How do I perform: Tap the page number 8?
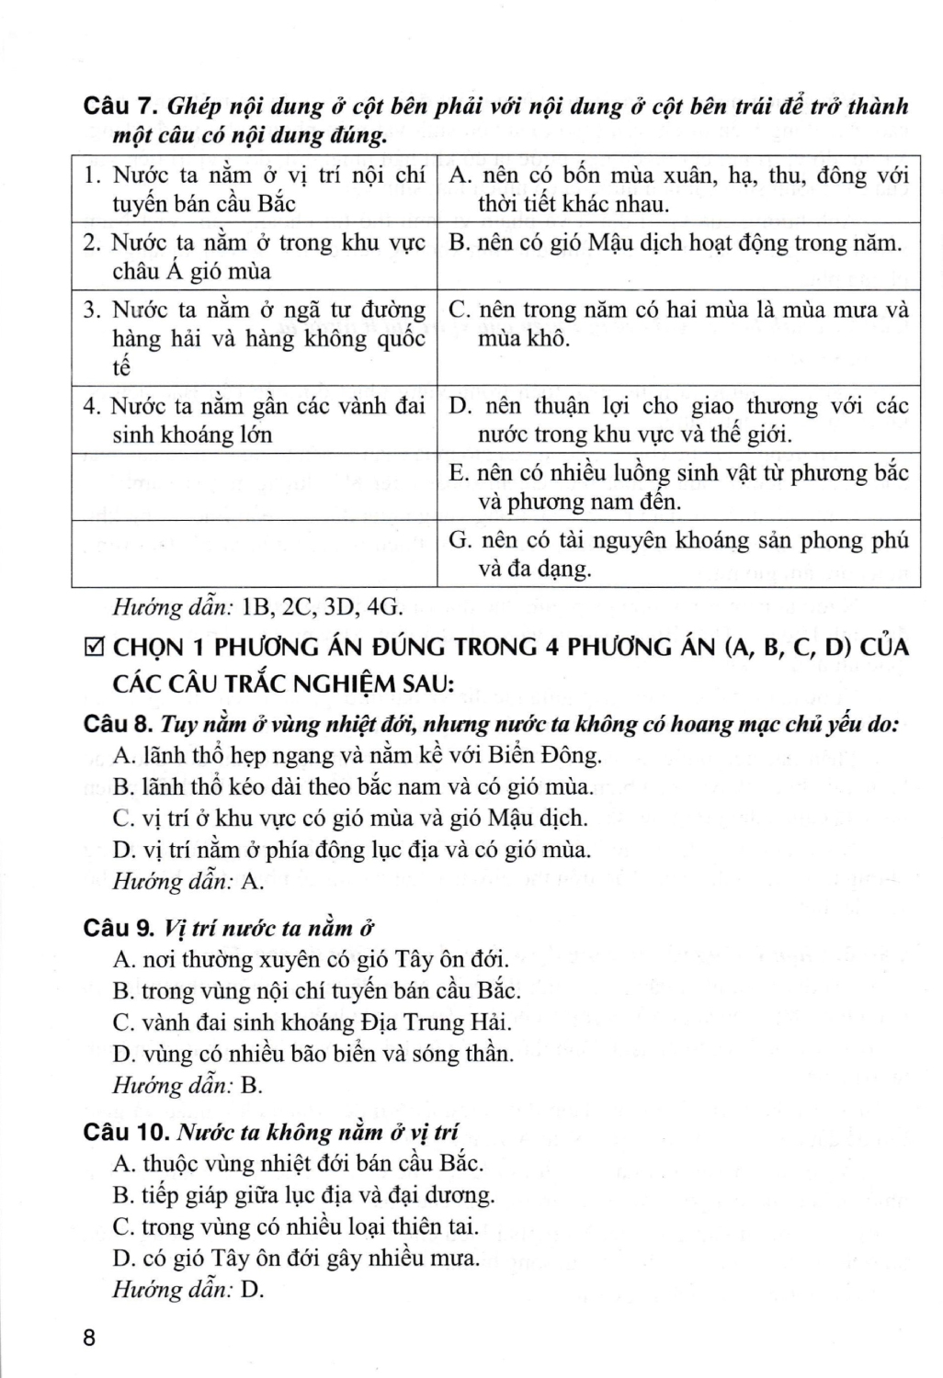click(89, 1338)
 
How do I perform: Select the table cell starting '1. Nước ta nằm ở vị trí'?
click(255, 189)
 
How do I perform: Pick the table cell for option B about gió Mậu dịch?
click(677, 243)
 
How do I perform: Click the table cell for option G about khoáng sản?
click(677, 554)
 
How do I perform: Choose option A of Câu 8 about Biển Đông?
click(358, 755)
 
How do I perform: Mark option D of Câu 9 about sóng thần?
click(312, 1053)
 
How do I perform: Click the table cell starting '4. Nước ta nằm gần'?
click(255, 419)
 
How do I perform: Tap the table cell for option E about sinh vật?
click(677, 487)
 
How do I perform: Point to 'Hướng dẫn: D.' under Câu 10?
click(187, 1289)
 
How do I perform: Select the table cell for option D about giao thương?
click(677, 419)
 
